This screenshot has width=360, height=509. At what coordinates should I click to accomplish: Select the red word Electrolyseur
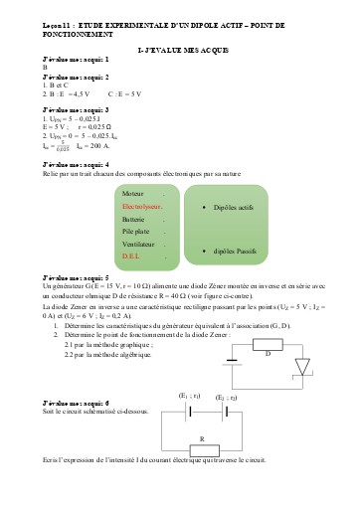click(141, 206)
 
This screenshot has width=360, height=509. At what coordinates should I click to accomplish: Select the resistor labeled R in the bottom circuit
click(202, 438)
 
